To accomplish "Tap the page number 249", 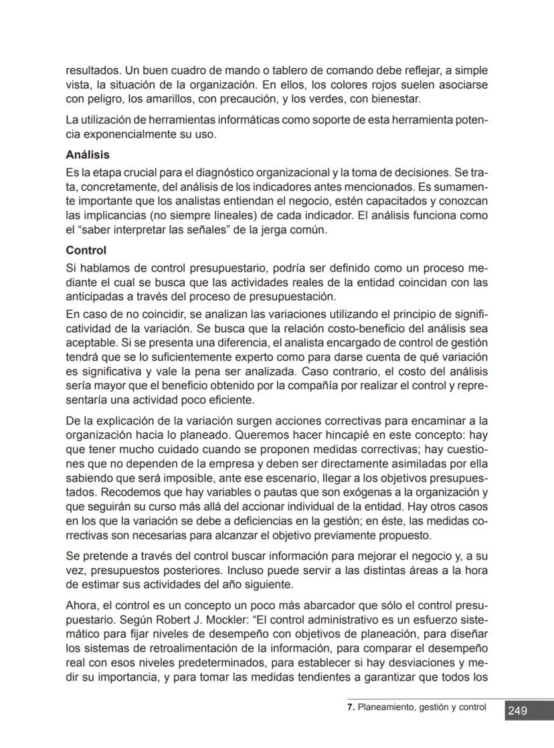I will [x=517, y=711].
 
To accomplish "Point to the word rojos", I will [x=385, y=86].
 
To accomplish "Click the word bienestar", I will [x=395, y=100].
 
